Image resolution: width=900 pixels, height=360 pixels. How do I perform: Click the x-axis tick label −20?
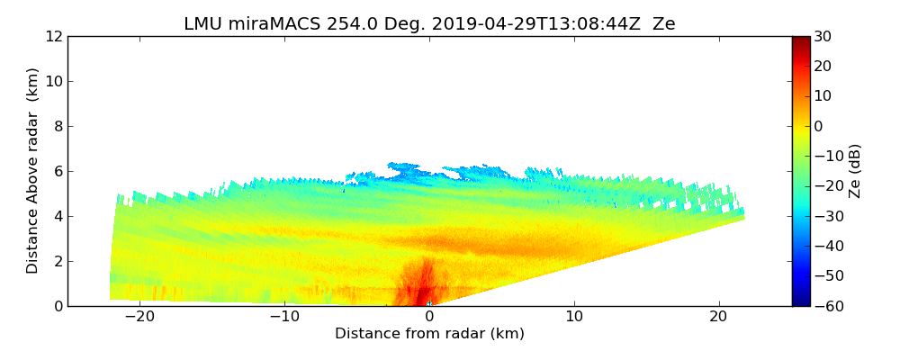click(139, 317)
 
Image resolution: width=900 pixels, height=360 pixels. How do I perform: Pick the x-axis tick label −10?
click(284, 317)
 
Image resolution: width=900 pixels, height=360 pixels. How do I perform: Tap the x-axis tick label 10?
click(574, 317)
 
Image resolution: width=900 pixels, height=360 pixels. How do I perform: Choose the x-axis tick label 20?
click(719, 317)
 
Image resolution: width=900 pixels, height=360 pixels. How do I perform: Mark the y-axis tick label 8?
click(56, 127)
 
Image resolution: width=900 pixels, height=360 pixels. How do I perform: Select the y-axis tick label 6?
click(56, 172)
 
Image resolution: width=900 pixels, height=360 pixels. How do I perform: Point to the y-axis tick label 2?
click(56, 262)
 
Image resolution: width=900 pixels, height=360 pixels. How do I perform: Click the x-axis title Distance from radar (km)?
click(429, 334)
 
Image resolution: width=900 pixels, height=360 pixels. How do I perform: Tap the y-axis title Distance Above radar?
click(33, 171)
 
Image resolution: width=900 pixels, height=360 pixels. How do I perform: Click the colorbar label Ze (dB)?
click(855, 171)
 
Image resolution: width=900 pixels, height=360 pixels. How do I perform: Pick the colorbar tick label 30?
click(823, 37)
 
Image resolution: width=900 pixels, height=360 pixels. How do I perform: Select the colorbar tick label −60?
click(826, 306)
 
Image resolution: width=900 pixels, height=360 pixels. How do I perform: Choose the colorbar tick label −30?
click(826, 216)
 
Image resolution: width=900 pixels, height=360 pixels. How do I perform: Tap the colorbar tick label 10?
click(823, 96)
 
